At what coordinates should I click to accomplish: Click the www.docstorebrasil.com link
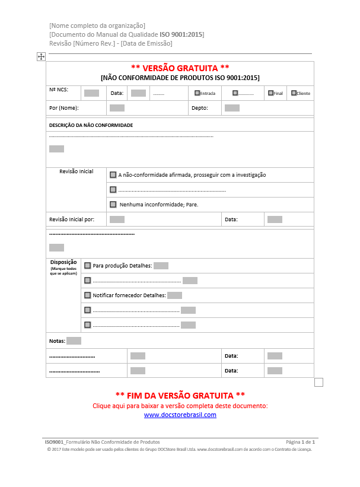[180, 415]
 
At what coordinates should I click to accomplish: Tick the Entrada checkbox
[197, 93]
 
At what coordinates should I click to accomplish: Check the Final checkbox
[270, 93]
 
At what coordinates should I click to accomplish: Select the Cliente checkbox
[294, 93]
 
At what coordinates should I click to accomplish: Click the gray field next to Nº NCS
[91, 93]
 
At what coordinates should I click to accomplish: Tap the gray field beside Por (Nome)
[117, 108]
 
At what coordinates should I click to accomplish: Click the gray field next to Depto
[232, 108]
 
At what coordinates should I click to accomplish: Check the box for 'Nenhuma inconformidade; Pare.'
[113, 204]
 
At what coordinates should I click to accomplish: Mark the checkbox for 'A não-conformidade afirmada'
[113, 175]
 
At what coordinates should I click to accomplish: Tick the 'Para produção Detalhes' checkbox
[88, 266]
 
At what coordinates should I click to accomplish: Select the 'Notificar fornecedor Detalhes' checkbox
[88, 295]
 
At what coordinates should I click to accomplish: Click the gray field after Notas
[74, 341]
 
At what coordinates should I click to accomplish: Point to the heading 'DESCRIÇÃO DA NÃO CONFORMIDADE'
[91, 125]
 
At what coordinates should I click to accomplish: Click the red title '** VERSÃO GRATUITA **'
[180, 68]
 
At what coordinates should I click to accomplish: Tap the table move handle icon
[41, 56]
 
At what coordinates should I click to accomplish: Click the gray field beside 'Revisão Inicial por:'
[117, 219]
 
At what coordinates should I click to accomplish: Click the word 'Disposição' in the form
[63, 262]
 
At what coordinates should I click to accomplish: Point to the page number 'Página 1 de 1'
[300, 443]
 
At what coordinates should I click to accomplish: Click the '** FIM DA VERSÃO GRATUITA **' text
[180, 395]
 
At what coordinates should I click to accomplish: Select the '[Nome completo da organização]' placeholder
[97, 26]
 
